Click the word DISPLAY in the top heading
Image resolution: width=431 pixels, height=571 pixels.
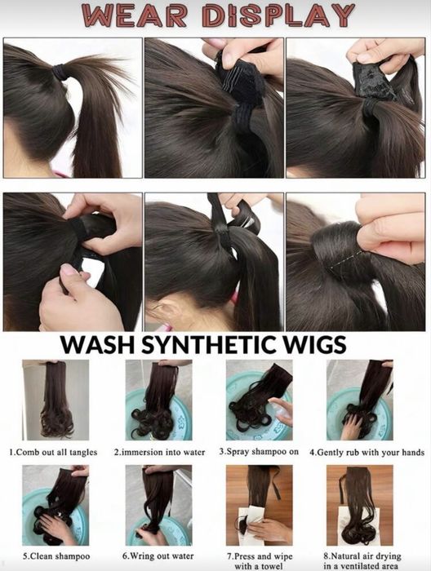(278, 15)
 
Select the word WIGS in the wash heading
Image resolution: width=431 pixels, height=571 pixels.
(313, 344)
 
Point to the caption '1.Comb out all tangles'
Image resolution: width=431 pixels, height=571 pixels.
(53, 452)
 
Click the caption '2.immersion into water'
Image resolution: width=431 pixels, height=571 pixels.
(159, 452)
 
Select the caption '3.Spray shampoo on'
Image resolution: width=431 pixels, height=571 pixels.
(259, 452)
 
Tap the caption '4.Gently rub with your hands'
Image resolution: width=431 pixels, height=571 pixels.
(367, 452)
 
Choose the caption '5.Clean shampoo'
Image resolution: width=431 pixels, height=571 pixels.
(56, 556)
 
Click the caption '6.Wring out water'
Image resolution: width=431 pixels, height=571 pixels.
(158, 556)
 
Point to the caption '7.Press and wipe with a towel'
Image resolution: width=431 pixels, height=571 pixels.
(260, 561)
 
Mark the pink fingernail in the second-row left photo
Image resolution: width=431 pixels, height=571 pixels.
(68, 270)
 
